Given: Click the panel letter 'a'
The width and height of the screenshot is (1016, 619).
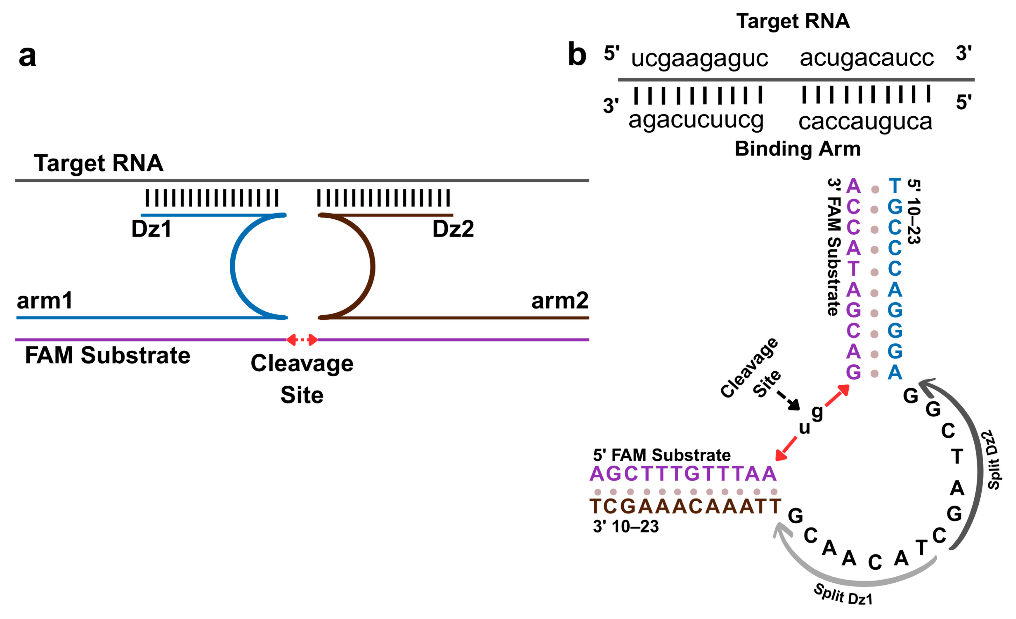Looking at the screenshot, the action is click(x=27, y=57).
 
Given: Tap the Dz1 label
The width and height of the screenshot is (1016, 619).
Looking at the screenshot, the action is click(x=151, y=229).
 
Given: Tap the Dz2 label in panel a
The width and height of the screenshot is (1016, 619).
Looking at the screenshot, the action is click(x=453, y=229).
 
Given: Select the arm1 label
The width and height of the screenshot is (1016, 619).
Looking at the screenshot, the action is click(x=44, y=300).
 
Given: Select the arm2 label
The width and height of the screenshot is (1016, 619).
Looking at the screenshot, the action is click(x=559, y=300).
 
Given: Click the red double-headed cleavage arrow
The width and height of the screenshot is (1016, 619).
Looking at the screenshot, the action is click(x=302, y=340).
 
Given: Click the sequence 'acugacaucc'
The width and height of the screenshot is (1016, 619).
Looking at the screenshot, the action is click(x=867, y=58).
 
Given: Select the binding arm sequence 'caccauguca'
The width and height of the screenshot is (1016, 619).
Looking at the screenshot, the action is click(x=865, y=122).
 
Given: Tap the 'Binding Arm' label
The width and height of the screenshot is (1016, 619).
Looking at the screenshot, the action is click(x=797, y=148).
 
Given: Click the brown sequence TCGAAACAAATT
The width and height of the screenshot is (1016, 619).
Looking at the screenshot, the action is click(x=685, y=506).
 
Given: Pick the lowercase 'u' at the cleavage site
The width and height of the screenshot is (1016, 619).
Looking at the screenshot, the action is click(x=804, y=428).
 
